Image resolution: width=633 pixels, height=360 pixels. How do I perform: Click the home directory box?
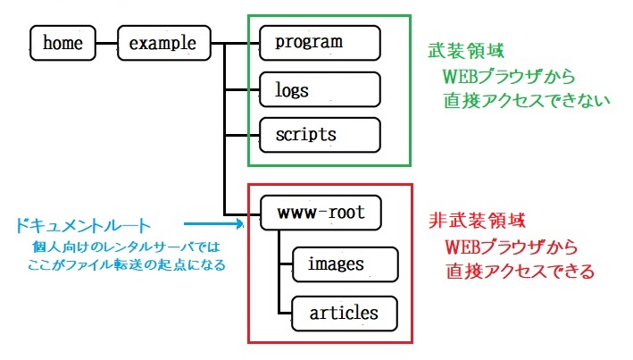click(x=63, y=43)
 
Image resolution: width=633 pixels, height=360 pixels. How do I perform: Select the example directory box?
click(x=164, y=43)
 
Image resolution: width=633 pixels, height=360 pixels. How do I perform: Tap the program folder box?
click(x=320, y=43)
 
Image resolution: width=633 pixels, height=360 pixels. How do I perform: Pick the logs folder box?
click(x=320, y=89)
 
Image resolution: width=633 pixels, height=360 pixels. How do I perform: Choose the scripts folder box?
click(x=320, y=135)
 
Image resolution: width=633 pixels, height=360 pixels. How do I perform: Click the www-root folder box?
click(x=321, y=213)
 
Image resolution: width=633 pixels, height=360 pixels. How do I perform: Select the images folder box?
click(x=346, y=264)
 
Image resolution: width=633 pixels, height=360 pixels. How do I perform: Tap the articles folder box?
click(x=345, y=314)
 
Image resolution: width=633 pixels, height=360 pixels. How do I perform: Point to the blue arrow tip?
click(x=244, y=223)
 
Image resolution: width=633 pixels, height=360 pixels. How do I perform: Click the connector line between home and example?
click(x=106, y=43)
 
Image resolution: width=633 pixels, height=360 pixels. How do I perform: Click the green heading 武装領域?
click(x=466, y=51)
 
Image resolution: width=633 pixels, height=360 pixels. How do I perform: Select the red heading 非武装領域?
click(x=477, y=221)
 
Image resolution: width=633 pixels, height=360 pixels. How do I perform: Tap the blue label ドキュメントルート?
click(x=83, y=226)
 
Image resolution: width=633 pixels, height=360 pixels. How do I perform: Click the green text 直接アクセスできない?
click(x=527, y=101)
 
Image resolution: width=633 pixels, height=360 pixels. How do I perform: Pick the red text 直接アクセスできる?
click(x=521, y=271)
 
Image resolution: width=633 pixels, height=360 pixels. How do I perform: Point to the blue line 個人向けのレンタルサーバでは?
click(x=127, y=247)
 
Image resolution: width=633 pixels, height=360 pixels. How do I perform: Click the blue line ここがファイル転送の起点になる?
click(x=127, y=265)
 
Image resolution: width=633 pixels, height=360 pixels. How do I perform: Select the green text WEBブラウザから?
click(x=509, y=76)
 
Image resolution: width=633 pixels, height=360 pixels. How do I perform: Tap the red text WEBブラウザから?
click(x=511, y=247)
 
